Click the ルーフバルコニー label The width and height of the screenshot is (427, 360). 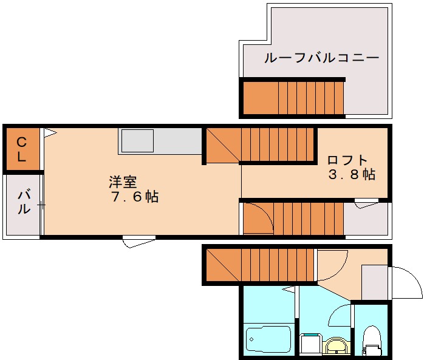coord(321,58)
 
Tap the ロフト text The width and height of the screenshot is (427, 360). coord(347,160)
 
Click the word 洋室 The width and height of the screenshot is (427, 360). coord(123,182)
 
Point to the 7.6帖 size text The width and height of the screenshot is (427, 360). coord(135,197)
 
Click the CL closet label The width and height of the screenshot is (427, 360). coord(21,149)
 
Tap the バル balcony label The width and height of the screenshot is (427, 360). coord(23,202)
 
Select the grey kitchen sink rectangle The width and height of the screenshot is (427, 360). coord(137,141)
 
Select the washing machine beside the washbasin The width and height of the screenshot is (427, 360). coord(310,344)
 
